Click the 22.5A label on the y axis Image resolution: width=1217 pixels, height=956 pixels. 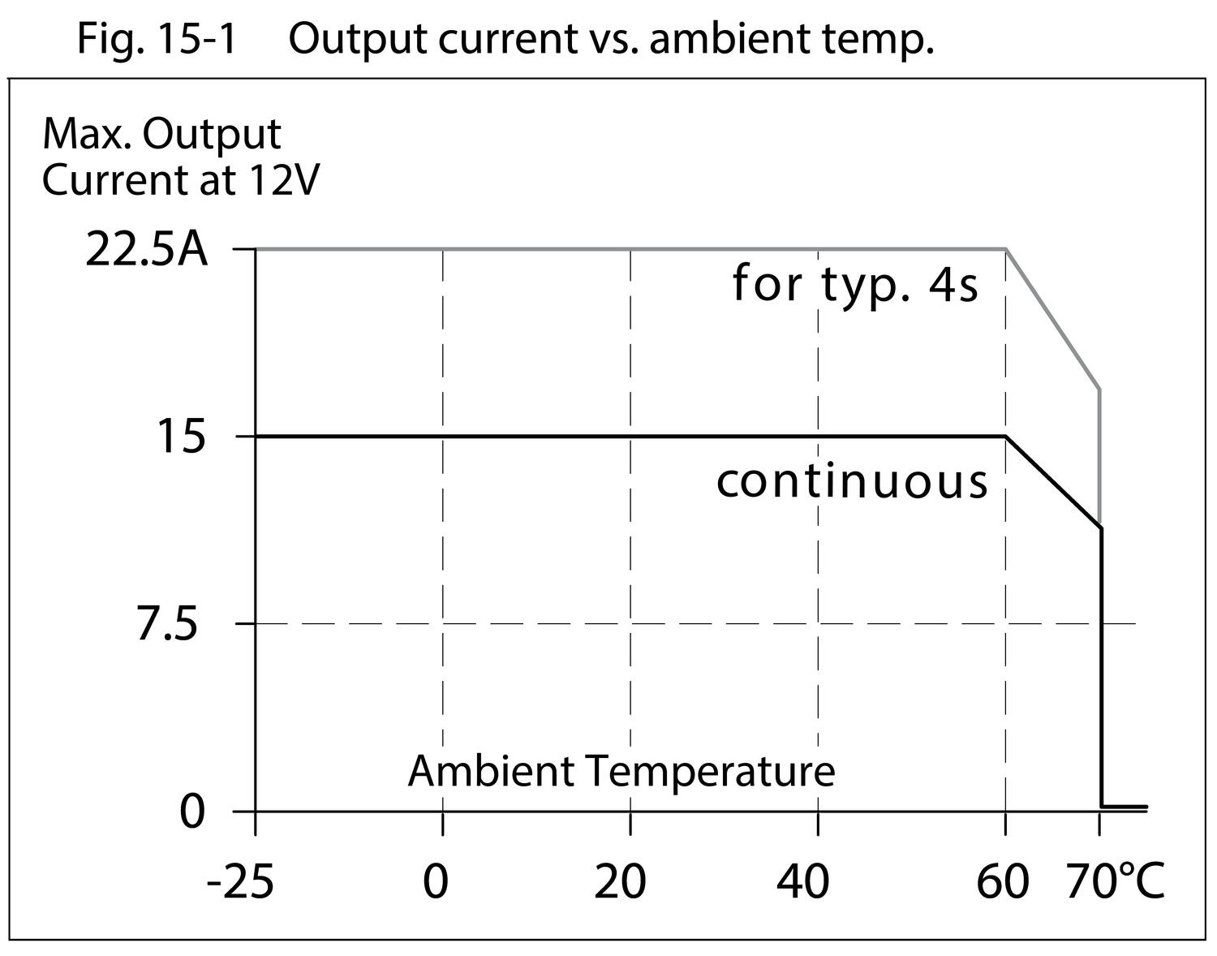pyautogui.click(x=146, y=251)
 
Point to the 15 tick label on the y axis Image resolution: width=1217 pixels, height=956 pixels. pyautogui.click(x=180, y=437)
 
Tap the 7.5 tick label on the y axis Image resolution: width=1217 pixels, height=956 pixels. pyautogui.click(x=167, y=625)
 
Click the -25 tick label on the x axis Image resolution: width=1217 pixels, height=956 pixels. pyautogui.click(x=240, y=882)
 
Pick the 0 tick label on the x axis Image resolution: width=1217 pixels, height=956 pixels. pyautogui.click(x=436, y=882)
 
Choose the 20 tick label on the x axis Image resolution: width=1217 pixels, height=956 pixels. pyautogui.click(x=620, y=882)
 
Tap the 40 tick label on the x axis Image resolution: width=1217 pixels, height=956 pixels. pyautogui.click(x=803, y=882)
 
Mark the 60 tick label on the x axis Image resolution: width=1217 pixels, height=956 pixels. pyautogui.click(x=1002, y=882)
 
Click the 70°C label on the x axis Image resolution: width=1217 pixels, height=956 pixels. pyautogui.click(x=1115, y=882)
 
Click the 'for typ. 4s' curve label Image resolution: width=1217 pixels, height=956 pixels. pyautogui.click(x=855, y=285)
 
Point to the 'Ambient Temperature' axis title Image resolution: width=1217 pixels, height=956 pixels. pyautogui.click(x=621, y=771)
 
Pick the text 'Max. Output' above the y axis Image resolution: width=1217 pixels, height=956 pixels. pyautogui.click(x=161, y=135)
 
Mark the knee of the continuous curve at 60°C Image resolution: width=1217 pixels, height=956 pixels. pyautogui.click(x=1006, y=437)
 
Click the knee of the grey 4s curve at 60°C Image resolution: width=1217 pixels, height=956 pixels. pyautogui.click(x=1006, y=249)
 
